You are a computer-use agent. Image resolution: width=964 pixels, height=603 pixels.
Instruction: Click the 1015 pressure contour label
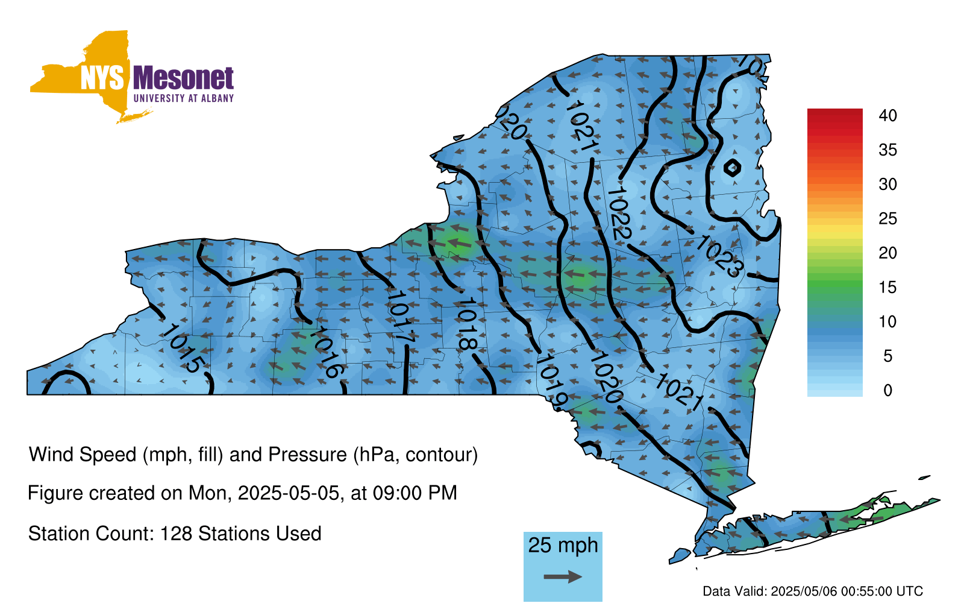pos(183,349)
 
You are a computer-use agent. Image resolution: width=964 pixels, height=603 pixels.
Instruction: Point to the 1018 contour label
pos(466,323)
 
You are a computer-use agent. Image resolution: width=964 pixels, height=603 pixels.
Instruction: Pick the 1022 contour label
pos(618,214)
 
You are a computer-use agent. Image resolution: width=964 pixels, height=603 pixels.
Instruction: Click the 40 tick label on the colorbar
pos(887,115)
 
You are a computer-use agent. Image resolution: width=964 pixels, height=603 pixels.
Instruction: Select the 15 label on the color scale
pos(887,287)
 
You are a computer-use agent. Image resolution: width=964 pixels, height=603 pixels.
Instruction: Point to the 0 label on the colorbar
pos(887,390)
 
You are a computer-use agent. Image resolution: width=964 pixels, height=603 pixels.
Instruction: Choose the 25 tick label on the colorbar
pos(887,219)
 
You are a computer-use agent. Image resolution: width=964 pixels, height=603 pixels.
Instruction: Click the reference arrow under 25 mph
pos(563,576)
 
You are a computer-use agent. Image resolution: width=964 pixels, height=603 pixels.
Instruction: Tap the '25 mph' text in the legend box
pos(563,545)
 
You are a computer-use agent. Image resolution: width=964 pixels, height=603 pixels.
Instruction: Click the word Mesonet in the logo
pos(183,78)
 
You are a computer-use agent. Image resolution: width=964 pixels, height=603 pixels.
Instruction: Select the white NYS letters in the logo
pos(102,78)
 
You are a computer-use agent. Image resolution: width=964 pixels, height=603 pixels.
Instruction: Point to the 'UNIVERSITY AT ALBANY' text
pos(184,98)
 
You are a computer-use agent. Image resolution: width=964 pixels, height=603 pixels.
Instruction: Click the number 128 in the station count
pos(175,534)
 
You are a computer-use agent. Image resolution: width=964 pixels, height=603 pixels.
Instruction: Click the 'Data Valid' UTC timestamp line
pos(813,591)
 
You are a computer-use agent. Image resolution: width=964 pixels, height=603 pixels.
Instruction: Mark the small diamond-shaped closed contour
pos(732,168)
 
